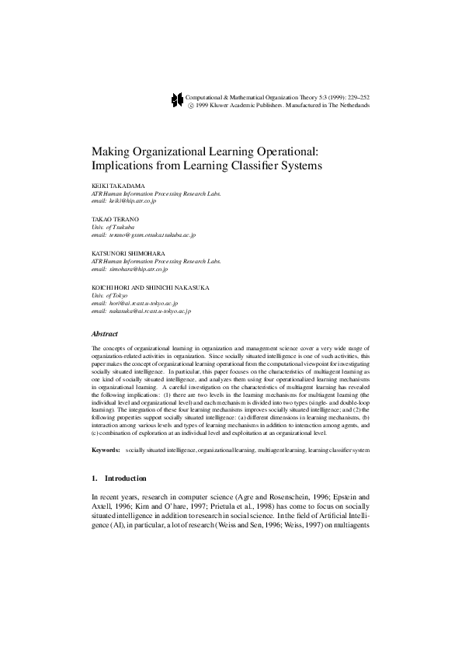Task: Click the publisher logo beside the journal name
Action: [175, 99]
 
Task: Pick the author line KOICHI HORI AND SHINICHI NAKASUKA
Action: [144, 288]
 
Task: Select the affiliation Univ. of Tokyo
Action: [109, 295]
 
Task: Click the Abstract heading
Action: [105, 333]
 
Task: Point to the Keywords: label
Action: [106, 450]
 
